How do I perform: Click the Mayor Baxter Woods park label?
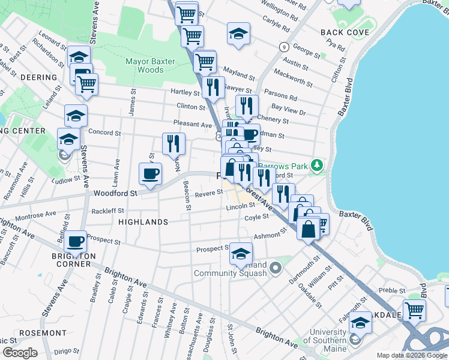[144, 65]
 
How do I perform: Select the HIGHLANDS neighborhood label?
[143, 222]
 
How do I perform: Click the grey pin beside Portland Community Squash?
[276, 267]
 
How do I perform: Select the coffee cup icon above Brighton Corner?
[76, 241]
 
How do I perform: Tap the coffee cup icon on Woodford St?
[150, 174]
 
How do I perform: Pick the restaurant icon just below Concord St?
[173, 143]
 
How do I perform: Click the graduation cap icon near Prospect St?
[241, 254]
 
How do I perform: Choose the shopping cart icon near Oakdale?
[414, 310]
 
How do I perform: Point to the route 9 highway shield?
[284, 46]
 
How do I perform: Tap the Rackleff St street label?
[108, 211]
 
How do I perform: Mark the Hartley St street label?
[185, 93]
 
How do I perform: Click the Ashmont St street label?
[268, 236]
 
